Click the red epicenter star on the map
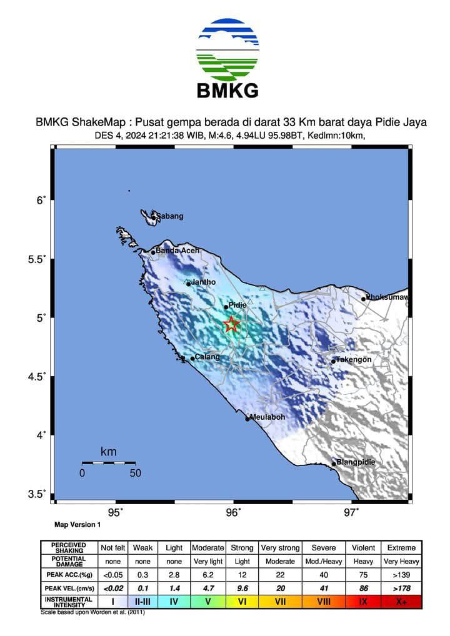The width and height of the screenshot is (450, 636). pyautogui.click(x=232, y=324)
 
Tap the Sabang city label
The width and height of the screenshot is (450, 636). pyautogui.click(x=169, y=216)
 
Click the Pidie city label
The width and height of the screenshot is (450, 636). pyautogui.click(x=237, y=305)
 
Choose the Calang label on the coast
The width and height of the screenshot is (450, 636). pyautogui.click(x=207, y=357)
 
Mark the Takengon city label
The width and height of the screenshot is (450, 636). pyautogui.click(x=354, y=360)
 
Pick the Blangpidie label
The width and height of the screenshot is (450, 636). pyautogui.click(x=357, y=462)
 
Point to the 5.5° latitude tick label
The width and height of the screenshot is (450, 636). pyautogui.click(x=39, y=259)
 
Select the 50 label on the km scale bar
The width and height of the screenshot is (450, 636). pyautogui.click(x=135, y=473)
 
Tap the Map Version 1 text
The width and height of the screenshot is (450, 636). pyautogui.click(x=77, y=525)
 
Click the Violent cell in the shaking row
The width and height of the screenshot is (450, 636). pyautogui.click(x=364, y=548)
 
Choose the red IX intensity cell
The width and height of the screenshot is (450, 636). pyautogui.click(x=364, y=602)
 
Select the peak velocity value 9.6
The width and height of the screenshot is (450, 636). pyautogui.click(x=242, y=588)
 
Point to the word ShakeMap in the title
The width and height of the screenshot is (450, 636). pyautogui.click(x=102, y=123)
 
